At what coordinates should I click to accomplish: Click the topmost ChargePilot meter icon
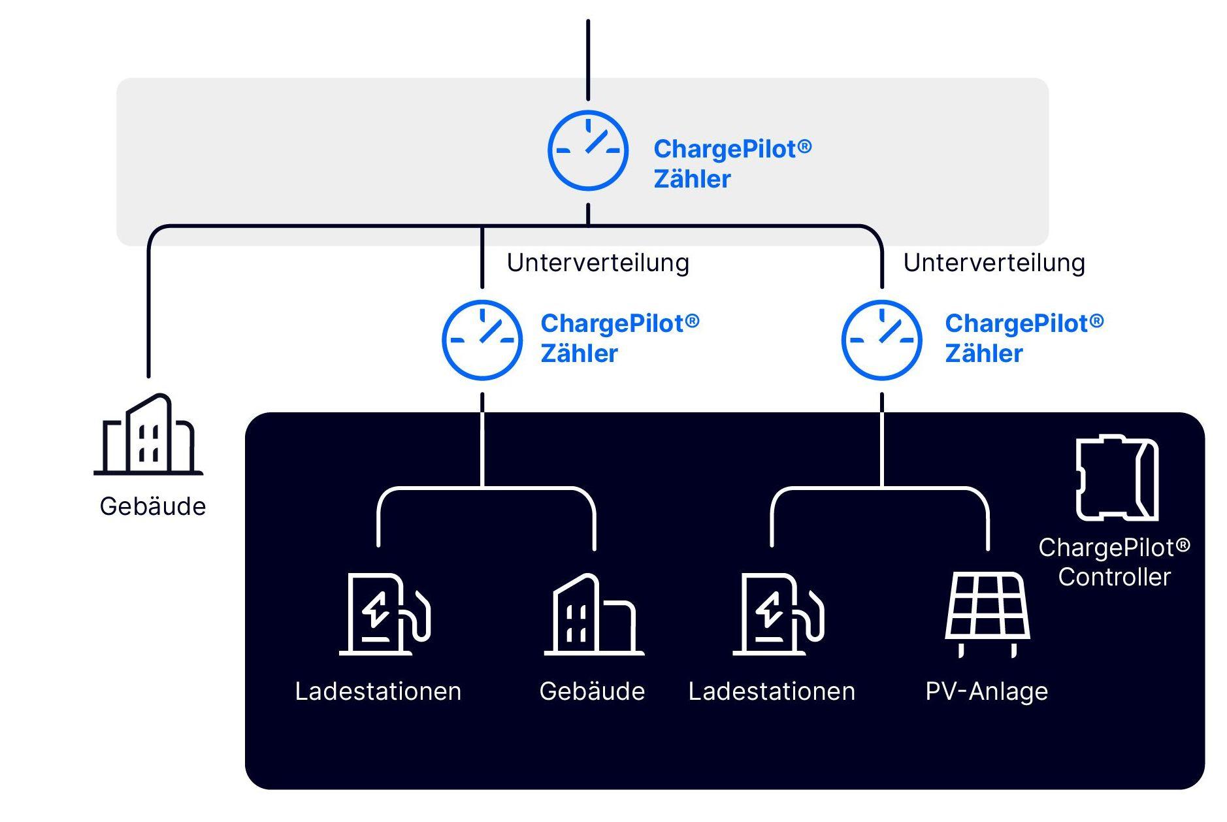(x=587, y=151)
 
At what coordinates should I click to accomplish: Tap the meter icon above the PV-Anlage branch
(x=881, y=340)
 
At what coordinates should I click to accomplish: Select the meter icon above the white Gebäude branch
(x=482, y=340)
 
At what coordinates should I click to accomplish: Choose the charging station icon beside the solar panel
(x=777, y=614)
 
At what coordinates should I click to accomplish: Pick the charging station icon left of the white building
(x=384, y=614)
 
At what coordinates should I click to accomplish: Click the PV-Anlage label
(x=987, y=691)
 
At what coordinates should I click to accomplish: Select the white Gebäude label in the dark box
(x=592, y=691)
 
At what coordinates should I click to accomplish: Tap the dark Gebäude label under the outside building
(x=153, y=506)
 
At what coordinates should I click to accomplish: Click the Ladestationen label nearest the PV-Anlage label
(x=772, y=691)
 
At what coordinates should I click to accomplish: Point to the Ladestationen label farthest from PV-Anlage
(x=378, y=691)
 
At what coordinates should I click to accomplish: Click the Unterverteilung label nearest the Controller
(x=994, y=263)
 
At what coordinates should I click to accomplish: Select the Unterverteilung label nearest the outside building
(x=598, y=263)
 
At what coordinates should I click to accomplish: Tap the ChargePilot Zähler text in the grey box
(x=732, y=163)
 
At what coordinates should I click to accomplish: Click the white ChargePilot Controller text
(x=1114, y=562)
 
